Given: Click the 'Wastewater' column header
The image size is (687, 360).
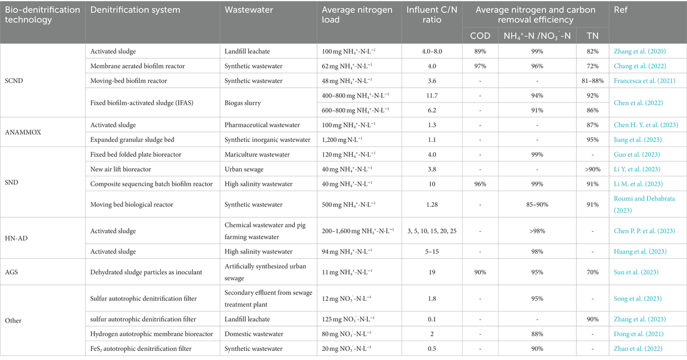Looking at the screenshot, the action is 248,10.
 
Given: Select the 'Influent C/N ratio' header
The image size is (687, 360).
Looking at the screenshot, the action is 432,15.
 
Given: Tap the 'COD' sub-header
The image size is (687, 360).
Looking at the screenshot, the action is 480,36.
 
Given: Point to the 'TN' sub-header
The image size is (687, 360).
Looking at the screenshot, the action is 593,36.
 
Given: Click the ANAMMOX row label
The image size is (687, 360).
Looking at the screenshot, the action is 23,132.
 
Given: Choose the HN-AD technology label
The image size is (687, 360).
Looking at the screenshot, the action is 16,238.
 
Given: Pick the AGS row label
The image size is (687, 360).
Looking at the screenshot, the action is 11,272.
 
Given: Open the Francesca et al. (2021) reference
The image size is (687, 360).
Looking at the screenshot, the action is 645,81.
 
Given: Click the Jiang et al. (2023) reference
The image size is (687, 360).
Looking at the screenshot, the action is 638,140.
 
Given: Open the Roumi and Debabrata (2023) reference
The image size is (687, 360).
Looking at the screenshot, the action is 645,204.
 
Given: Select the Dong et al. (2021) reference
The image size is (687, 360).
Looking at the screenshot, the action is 638,334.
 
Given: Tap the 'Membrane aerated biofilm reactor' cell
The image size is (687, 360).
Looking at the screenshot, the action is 137,66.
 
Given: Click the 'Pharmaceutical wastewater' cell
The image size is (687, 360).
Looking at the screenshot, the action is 262,125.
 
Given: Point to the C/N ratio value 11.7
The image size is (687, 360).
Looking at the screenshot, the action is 432,96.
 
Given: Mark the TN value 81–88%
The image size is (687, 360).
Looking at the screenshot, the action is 593,81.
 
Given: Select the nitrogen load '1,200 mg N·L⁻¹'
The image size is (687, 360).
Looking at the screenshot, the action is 342,140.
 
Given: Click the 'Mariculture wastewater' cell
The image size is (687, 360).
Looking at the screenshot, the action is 257,154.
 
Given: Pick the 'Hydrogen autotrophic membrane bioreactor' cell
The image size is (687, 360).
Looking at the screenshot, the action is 152,334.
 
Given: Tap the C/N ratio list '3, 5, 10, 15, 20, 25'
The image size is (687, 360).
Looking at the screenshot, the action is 432,231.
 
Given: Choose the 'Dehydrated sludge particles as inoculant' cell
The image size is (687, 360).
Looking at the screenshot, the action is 146,272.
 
